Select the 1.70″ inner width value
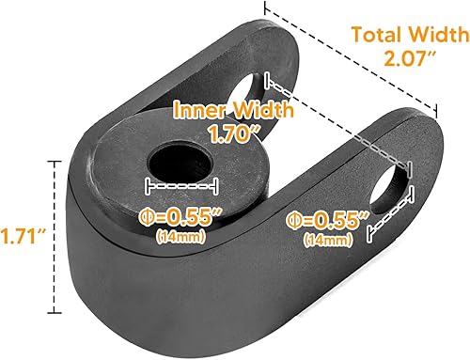234,133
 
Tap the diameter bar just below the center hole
181,184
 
